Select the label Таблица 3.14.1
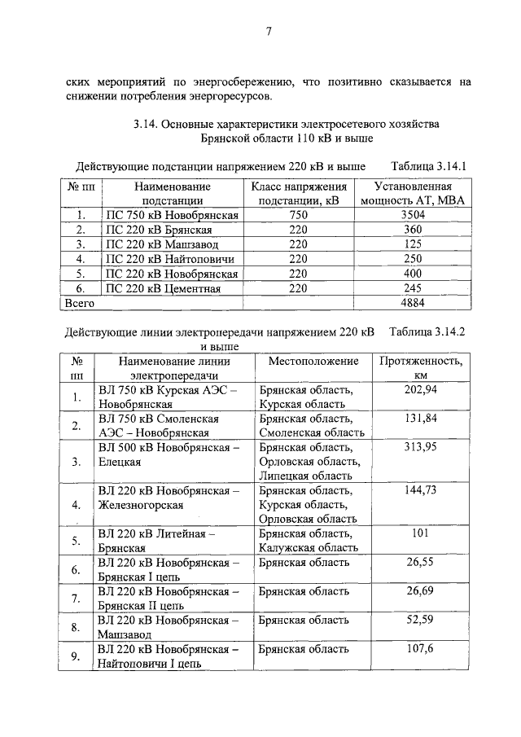(x=427, y=166)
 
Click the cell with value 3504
(x=413, y=215)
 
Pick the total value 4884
(x=413, y=303)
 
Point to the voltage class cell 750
(x=298, y=215)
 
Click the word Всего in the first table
(x=80, y=303)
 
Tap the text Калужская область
(x=309, y=548)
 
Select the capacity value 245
(x=413, y=288)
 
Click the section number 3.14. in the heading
(x=147, y=125)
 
